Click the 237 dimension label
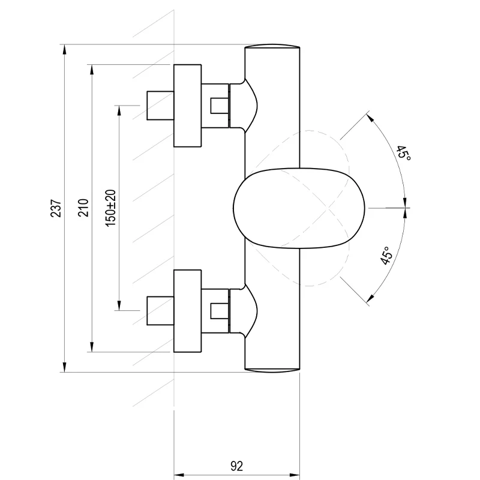[x=56, y=208]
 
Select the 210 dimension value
[x=83, y=208]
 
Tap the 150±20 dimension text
[x=110, y=208]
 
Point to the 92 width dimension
[x=236, y=466]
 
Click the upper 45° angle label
[x=403, y=153]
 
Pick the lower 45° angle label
[x=386, y=256]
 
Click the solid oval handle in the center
[x=299, y=208]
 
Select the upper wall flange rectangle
[x=187, y=106]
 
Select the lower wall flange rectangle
[x=187, y=311]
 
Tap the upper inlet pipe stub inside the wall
[x=160, y=106]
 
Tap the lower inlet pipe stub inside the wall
[x=160, y=311]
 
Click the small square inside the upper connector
[x=219, y=106]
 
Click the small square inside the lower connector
[x=219, y=311]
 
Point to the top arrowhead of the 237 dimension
[x=64, y=49]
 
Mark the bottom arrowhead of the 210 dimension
[x=92, y=347]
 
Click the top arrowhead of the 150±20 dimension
[x=119, y=110]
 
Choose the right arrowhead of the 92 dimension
[x=295, y=475]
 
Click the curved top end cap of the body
[x=272, y=46]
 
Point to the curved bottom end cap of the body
[x=272, y=371]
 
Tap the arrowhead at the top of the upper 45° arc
[x=370, y=118]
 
